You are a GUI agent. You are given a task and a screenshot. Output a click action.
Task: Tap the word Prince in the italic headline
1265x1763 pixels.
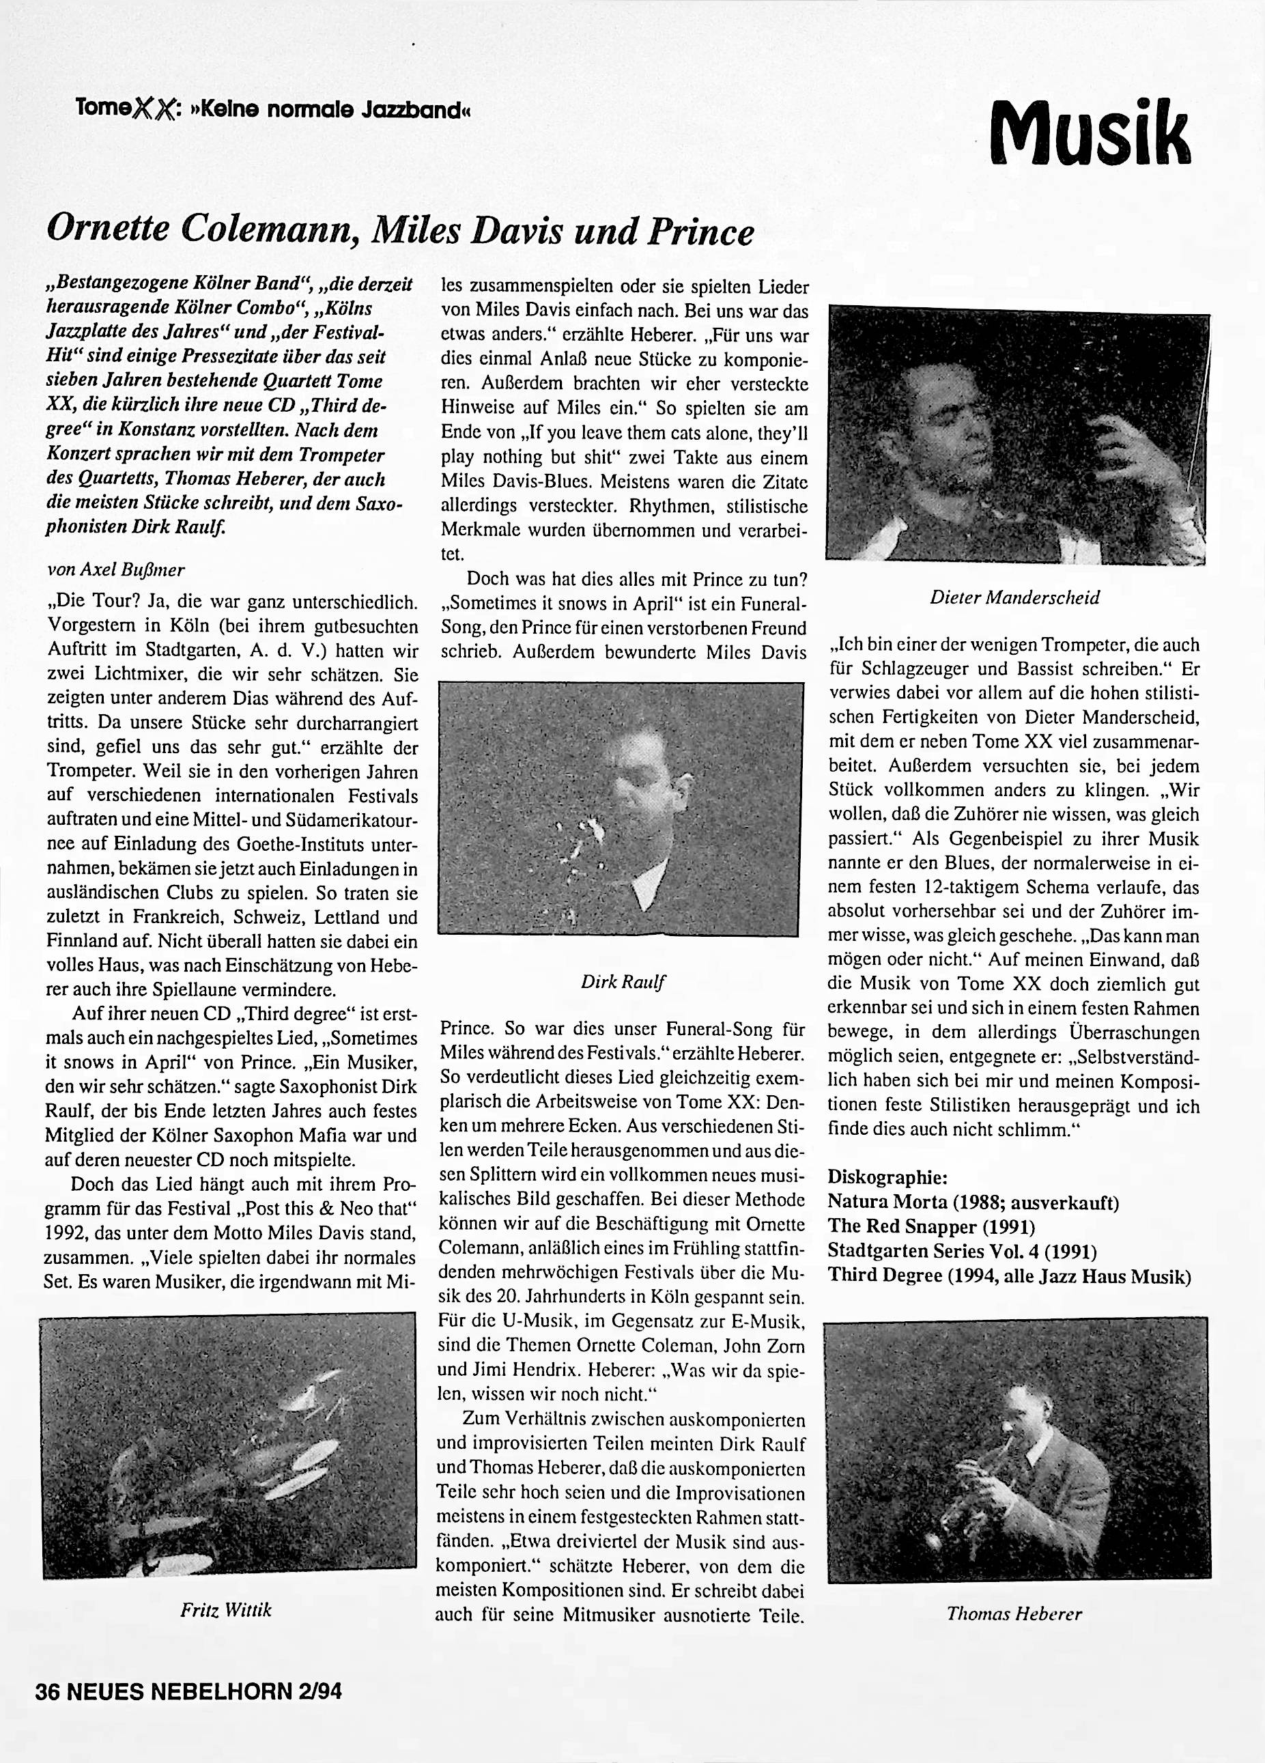[x=704, y=231]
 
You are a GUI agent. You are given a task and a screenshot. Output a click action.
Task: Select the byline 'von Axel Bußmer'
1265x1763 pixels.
[x=117, y=569]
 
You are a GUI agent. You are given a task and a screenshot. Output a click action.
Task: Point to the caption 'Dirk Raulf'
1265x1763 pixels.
[x=623, y=982]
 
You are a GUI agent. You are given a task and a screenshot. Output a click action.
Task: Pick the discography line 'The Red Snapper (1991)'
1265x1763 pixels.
[x=931, y=1226]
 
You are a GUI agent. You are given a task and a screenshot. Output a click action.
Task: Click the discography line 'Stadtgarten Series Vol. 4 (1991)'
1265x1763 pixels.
[x=962, y=1251]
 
